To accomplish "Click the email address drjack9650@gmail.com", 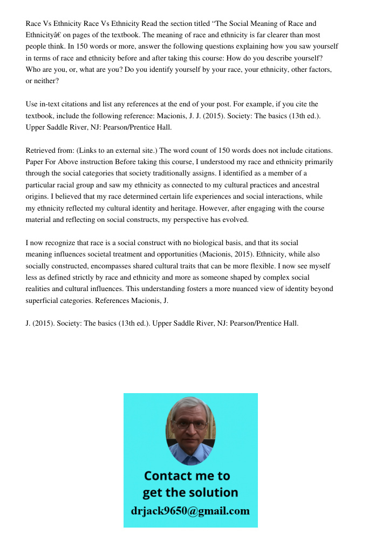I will click(190, 511).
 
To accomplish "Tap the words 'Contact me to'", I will click(187, 476).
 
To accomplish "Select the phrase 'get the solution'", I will click(190, 492).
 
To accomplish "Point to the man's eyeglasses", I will click(190, 424).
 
